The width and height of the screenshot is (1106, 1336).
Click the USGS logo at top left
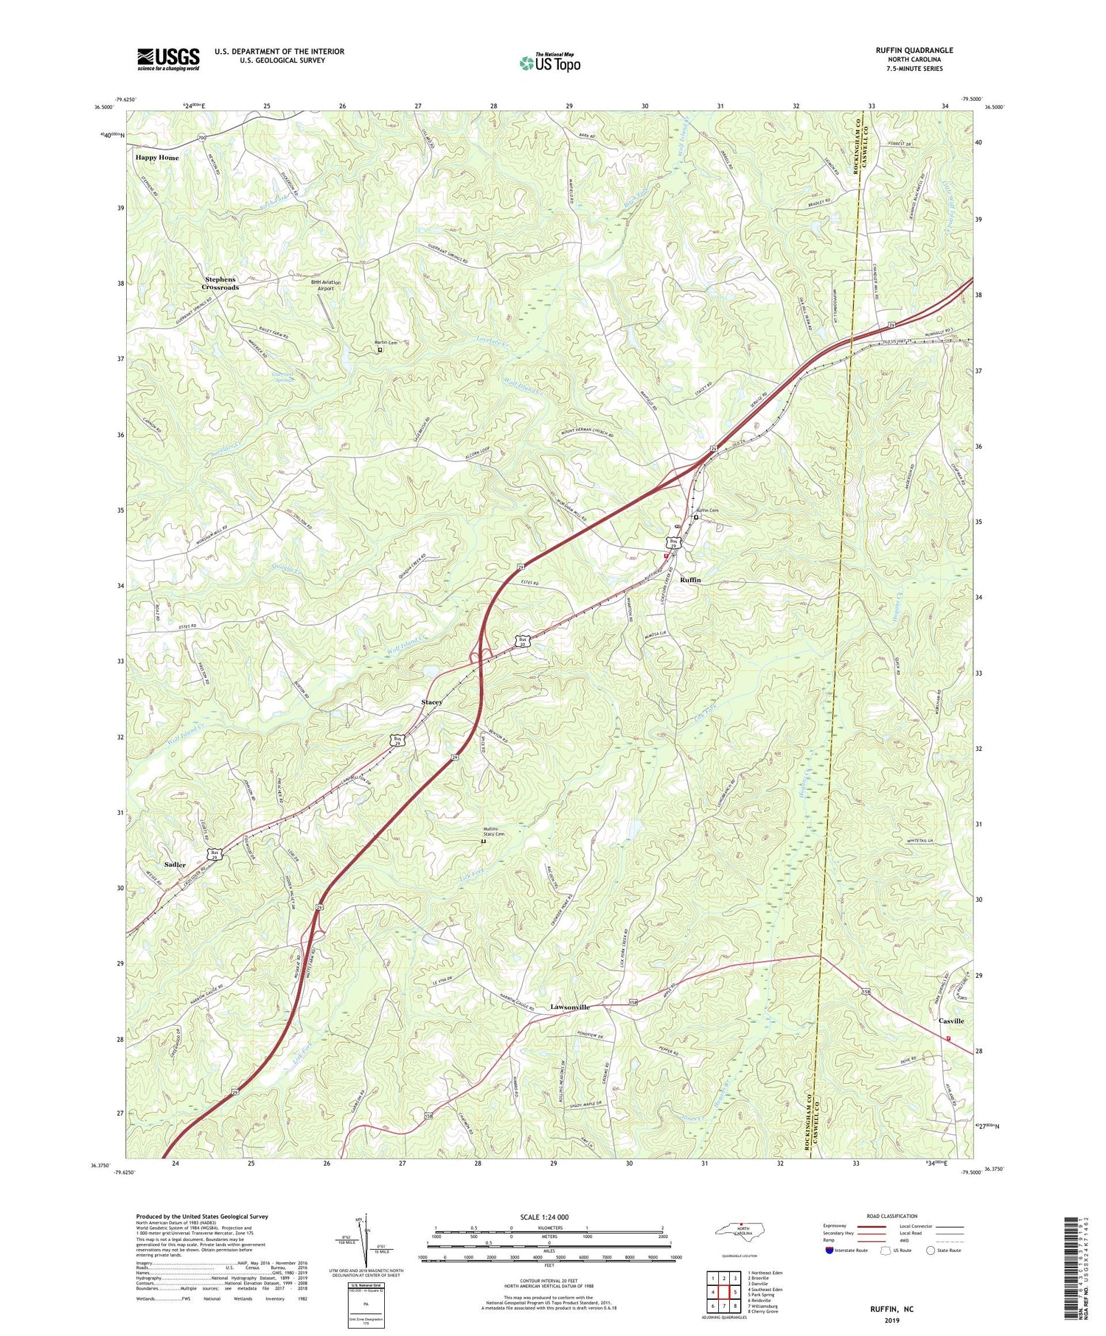(x=168, y=59)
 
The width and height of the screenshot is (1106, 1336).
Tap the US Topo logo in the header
(x=549, y=63)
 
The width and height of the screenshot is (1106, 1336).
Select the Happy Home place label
(x=156, y=158)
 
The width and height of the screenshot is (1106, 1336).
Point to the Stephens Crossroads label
(x=220, y=283)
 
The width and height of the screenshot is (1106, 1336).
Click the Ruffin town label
(x=690, y=580)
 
